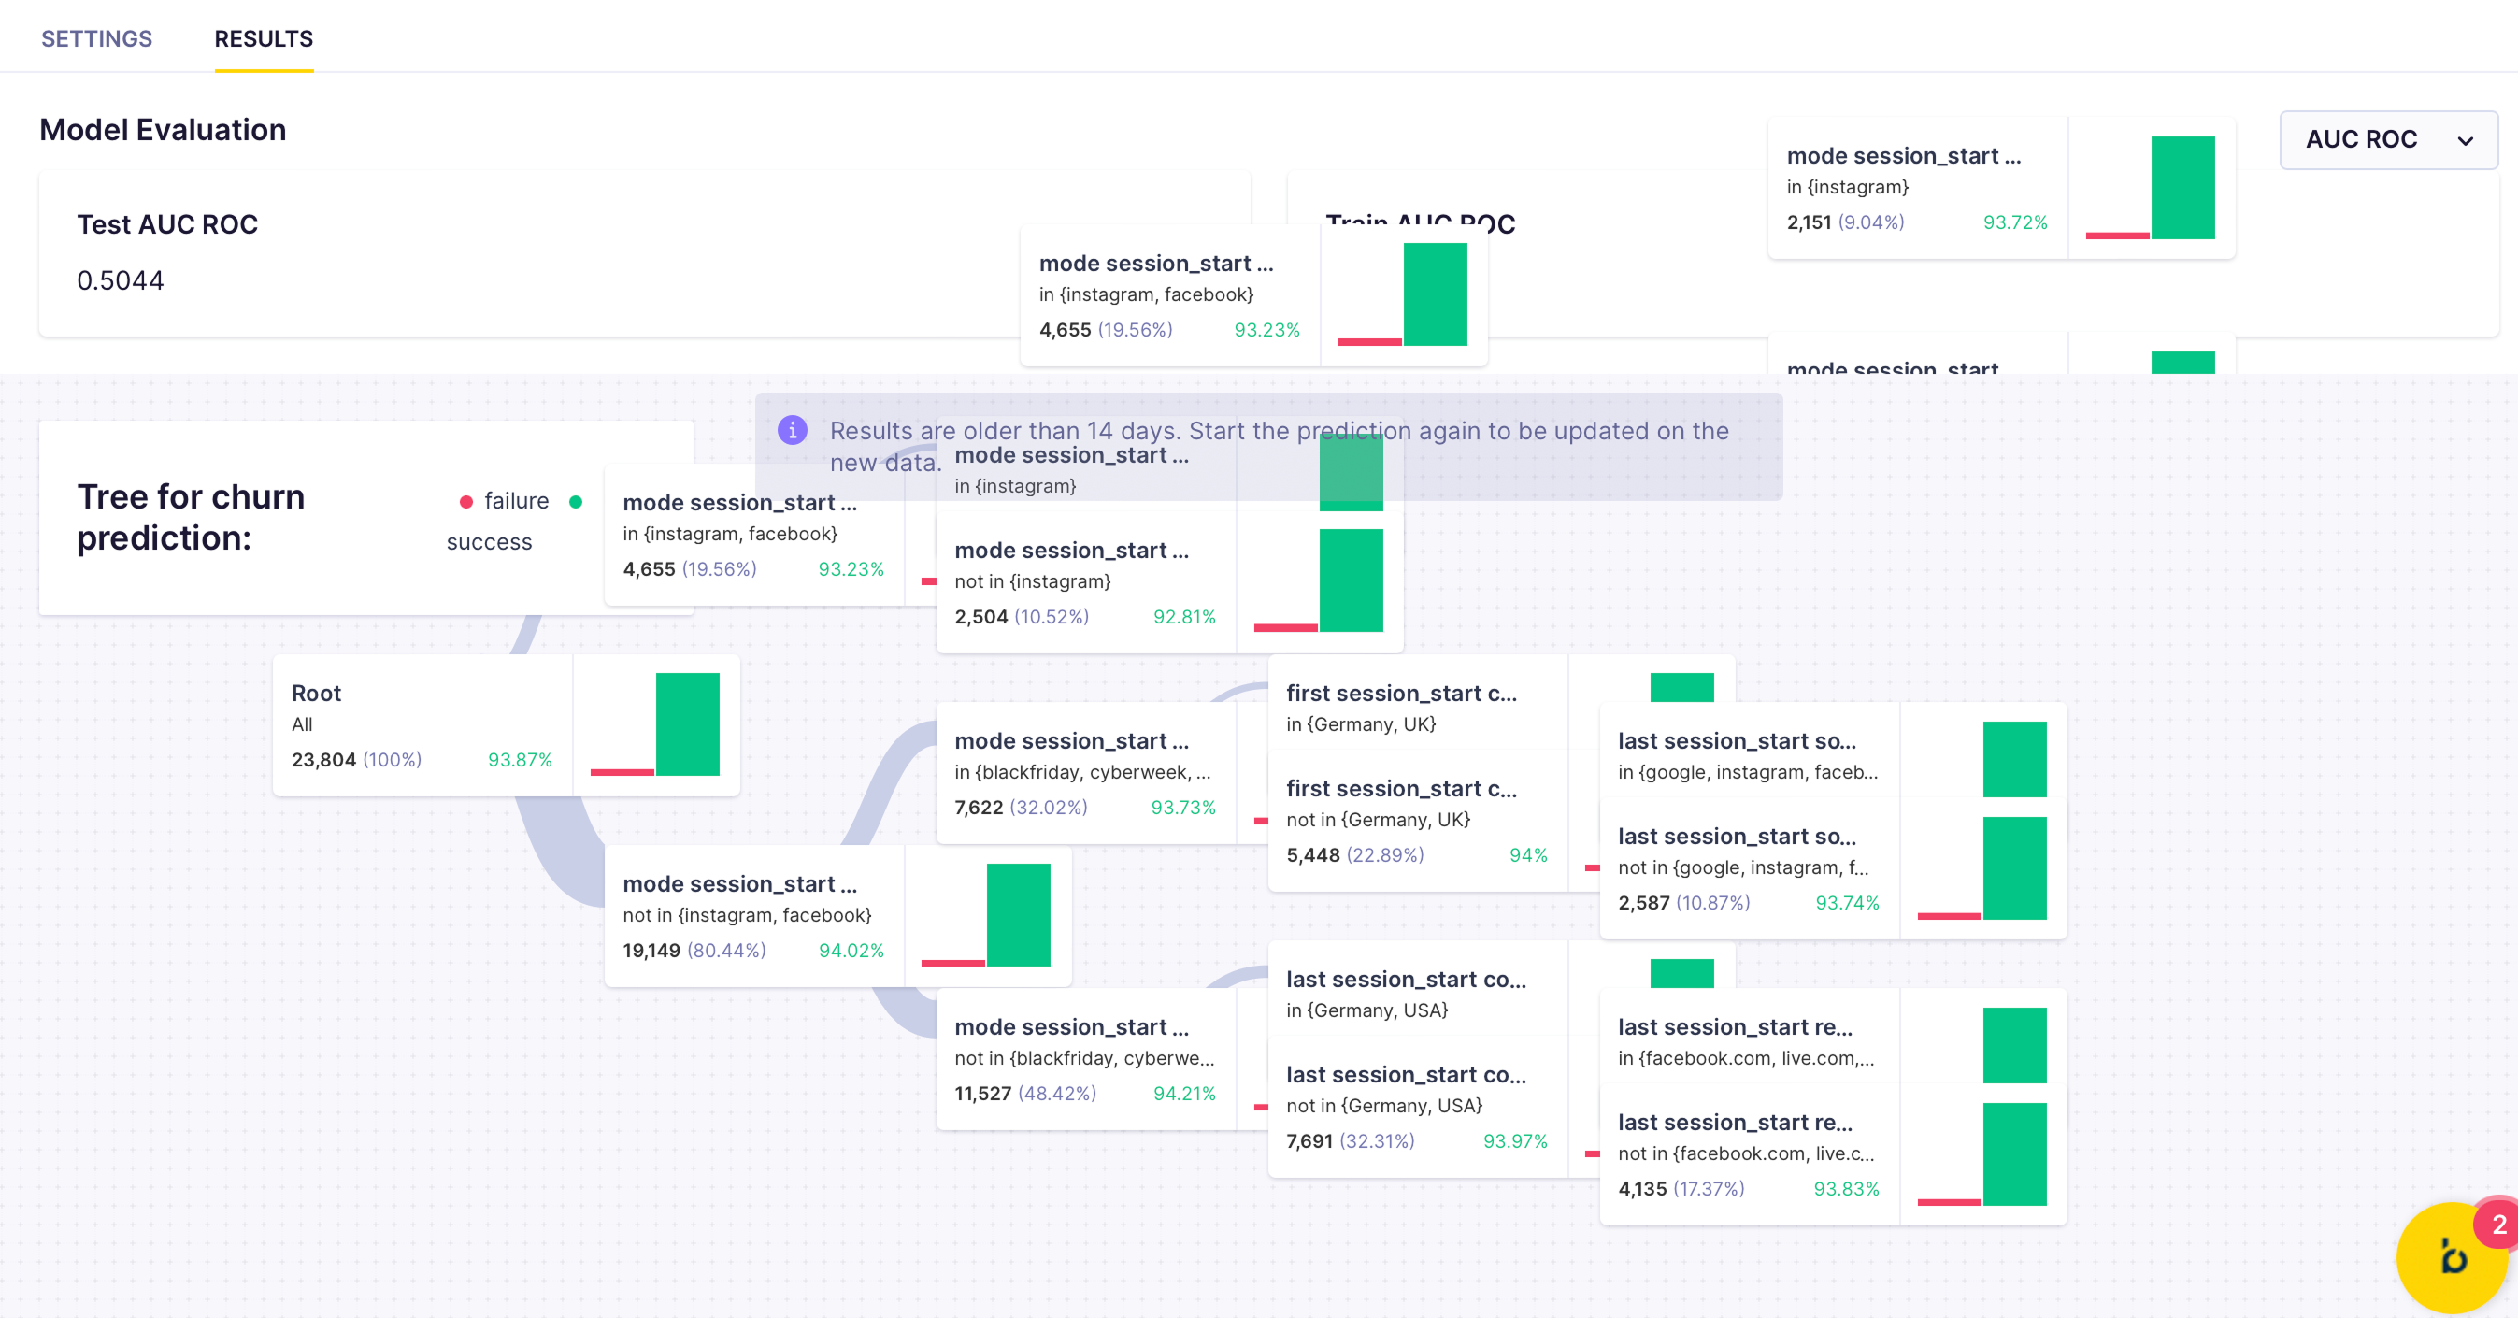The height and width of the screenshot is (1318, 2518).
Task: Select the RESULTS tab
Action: (263, 39)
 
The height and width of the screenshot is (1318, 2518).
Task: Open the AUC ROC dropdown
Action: (2387, 140)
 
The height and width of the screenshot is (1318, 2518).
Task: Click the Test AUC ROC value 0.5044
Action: (121, 280)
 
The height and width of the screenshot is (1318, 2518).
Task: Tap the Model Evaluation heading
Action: (163, 130)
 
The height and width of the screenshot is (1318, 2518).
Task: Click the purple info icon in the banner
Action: (792, 430)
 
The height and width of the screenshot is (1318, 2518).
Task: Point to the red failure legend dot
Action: (466, 502)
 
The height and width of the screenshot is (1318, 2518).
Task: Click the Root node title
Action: (316, 694)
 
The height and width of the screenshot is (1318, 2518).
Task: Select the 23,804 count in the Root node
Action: (323, 760)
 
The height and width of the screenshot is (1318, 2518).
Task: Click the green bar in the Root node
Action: (687, 723)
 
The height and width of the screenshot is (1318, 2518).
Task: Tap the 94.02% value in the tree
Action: (851, 951)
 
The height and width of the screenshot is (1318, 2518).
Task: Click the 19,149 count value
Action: (651, 951)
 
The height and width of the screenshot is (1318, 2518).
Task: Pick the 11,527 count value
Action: (982, 1093)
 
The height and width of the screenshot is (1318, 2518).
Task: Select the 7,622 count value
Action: (979, 808)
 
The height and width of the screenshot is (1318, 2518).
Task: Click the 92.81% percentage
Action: (1183, 617)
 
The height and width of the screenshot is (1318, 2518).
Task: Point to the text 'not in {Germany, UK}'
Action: (1378, 820)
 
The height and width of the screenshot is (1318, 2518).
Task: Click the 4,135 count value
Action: (1642, 1189)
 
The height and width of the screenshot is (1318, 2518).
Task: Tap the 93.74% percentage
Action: (1847, 902)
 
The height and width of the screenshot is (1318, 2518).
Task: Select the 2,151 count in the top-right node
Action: (1809, 222)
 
